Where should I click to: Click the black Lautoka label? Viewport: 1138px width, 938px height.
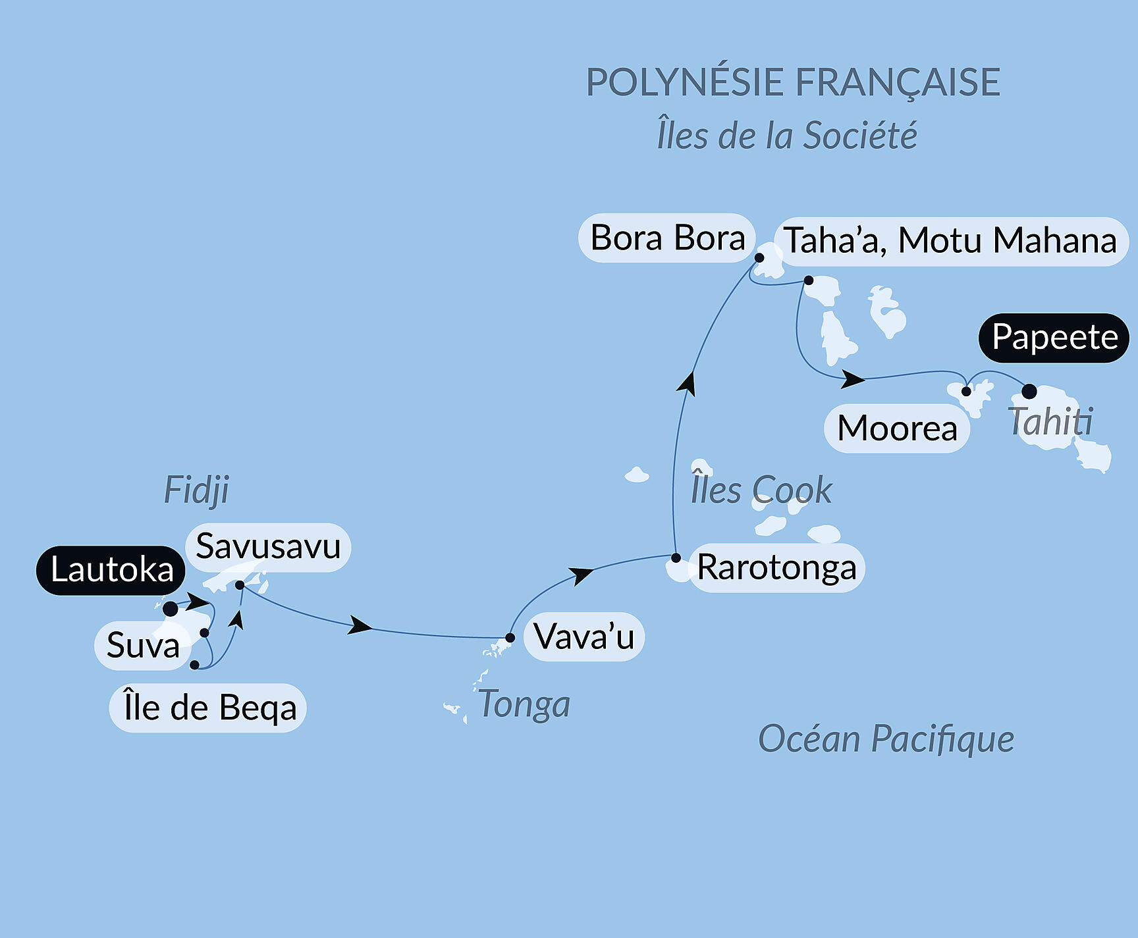111,570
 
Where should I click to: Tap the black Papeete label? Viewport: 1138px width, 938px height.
1054,338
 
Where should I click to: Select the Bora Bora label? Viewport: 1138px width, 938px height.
666,238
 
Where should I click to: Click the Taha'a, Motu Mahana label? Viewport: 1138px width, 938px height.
950,241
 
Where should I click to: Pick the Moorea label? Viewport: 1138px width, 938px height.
896,429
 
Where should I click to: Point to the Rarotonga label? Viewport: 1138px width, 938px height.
776,567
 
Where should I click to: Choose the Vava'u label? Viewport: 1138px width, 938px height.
583,637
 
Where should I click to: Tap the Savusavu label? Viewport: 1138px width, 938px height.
268,547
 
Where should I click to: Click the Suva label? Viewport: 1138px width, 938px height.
143,645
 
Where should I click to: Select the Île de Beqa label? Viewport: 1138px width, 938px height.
208,708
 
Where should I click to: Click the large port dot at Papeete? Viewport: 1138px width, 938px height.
1029,392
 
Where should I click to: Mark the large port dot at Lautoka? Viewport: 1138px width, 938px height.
171,609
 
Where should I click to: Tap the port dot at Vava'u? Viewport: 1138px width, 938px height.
510,638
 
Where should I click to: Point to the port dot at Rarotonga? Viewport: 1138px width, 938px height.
676,558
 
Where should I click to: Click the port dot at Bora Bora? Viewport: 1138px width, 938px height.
759,257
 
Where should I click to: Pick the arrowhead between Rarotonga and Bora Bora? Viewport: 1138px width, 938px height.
687,384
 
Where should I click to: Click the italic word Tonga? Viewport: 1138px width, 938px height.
524,704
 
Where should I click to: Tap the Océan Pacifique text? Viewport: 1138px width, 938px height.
886,739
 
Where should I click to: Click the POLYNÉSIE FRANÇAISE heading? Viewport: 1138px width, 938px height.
793,82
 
